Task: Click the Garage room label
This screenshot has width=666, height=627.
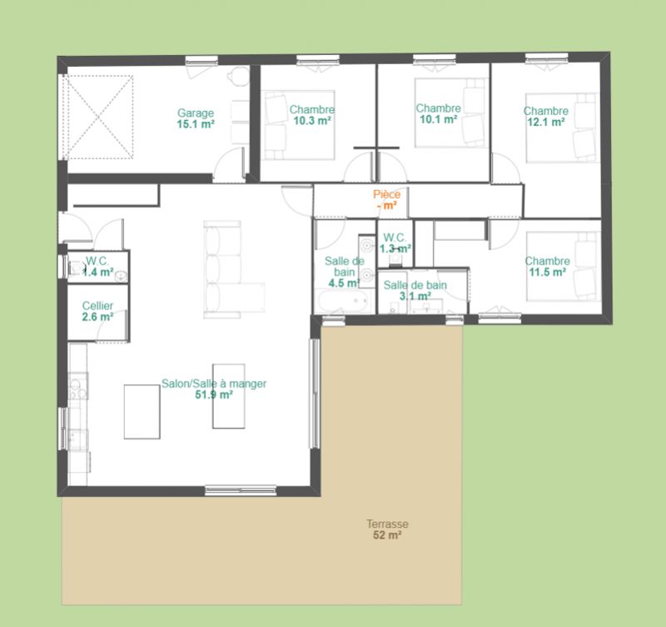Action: (x=196, y=113)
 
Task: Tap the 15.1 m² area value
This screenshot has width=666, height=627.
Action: (x=196, y=124)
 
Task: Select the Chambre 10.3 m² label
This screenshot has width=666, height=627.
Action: (x=312, y=115)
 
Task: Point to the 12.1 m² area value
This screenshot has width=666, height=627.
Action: (x=546, y=122)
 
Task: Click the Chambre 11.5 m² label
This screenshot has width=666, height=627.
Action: (x=547, y=266)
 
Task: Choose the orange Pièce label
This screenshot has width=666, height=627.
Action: (x=386, y=194)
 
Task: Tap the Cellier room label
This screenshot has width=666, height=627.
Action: (x=97, y=306)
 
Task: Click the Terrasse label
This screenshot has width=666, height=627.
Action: (x=387, y=524)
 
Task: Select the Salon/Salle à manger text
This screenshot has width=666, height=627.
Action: (x=214, y=384)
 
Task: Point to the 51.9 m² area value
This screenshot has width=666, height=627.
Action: (x=214, y=394)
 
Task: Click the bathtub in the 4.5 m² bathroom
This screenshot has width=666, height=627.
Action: (x=344, y=301)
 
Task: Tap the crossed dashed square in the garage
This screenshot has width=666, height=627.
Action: (x=98, y=118)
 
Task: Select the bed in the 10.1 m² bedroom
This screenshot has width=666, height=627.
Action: (x=450, y=113)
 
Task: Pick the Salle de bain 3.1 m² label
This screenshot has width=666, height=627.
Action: (x=415, y=290)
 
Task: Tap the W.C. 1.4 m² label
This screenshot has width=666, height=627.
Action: (x=97, y=266)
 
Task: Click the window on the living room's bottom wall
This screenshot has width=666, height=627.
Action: (x=241, y=490)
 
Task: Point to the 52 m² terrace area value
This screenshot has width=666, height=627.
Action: (x=387, y=535)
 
